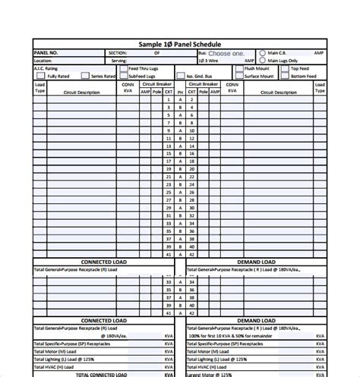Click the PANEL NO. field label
pos(47,53)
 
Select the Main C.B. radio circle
pos(263,53)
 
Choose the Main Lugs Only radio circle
pos(263,61)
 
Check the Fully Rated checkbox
pos(43,76)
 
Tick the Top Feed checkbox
pos(286,69)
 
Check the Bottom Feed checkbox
pos(286,76)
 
